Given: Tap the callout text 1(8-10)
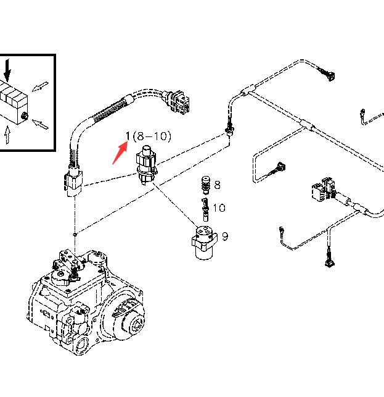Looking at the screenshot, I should tap(148, 136).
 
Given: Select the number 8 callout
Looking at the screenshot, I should tap(217, 185).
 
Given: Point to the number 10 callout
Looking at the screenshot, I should tap(219, 208).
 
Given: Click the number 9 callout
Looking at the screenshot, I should tap(226, 236).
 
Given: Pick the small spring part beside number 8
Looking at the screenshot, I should tap(205, 185).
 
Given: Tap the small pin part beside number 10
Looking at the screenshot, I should tap(202, 208).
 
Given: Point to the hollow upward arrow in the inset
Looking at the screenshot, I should tap(7, 135).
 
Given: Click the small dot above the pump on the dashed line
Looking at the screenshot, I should tap(75, 233).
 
